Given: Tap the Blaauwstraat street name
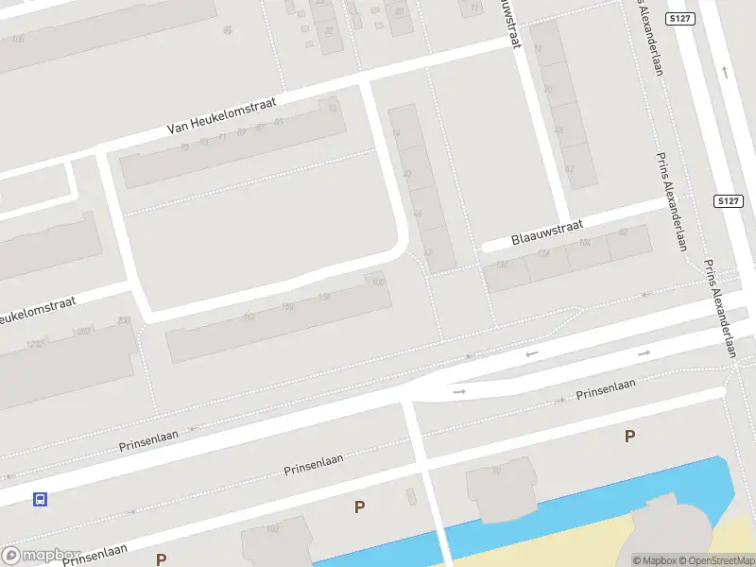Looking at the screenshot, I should click(547, 232).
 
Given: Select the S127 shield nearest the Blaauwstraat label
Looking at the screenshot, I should click(726, 201).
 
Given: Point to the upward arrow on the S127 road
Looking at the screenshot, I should click(725, 71).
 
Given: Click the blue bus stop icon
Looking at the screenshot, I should click(40, 499).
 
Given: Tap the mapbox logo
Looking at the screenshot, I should click(40, 556).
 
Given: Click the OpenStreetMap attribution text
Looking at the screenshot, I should click(716, 560).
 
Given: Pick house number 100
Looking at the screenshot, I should click(378, 282).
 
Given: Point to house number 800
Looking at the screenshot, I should click(123, 321).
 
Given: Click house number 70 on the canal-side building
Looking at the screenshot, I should click(495, 471).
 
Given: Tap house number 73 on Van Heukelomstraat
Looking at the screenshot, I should click(222, 138).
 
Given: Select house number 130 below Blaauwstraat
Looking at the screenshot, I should click(501, 265).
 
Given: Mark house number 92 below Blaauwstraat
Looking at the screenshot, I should click(622, 232).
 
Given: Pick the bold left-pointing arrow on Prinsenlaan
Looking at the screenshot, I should click(532, 354).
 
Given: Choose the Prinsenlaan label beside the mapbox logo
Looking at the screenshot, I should click(94, 555).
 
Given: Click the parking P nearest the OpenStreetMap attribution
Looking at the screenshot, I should click(629, 436).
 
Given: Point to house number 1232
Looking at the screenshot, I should click(36, 344).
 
